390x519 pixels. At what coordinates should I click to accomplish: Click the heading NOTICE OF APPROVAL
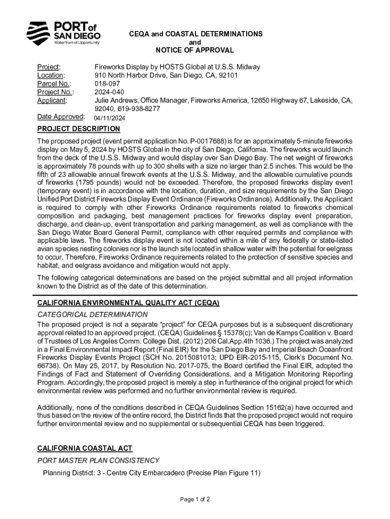click(x=194, y=50)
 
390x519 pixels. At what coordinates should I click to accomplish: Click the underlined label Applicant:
click(x=52, y=100)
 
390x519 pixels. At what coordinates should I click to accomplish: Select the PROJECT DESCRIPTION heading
click(x=79, y=129)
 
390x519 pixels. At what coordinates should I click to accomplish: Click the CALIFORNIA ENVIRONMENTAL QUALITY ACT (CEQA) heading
click(x=128, y=303)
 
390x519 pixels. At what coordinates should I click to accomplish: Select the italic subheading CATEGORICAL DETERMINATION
click(x=93, y=315)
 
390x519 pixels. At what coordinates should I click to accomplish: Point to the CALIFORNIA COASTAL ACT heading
click(x=85, y=448)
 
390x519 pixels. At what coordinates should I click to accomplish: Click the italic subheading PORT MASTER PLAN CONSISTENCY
click(x=98, y=460)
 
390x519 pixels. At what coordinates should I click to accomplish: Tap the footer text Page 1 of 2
click(x=195, y=499)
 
